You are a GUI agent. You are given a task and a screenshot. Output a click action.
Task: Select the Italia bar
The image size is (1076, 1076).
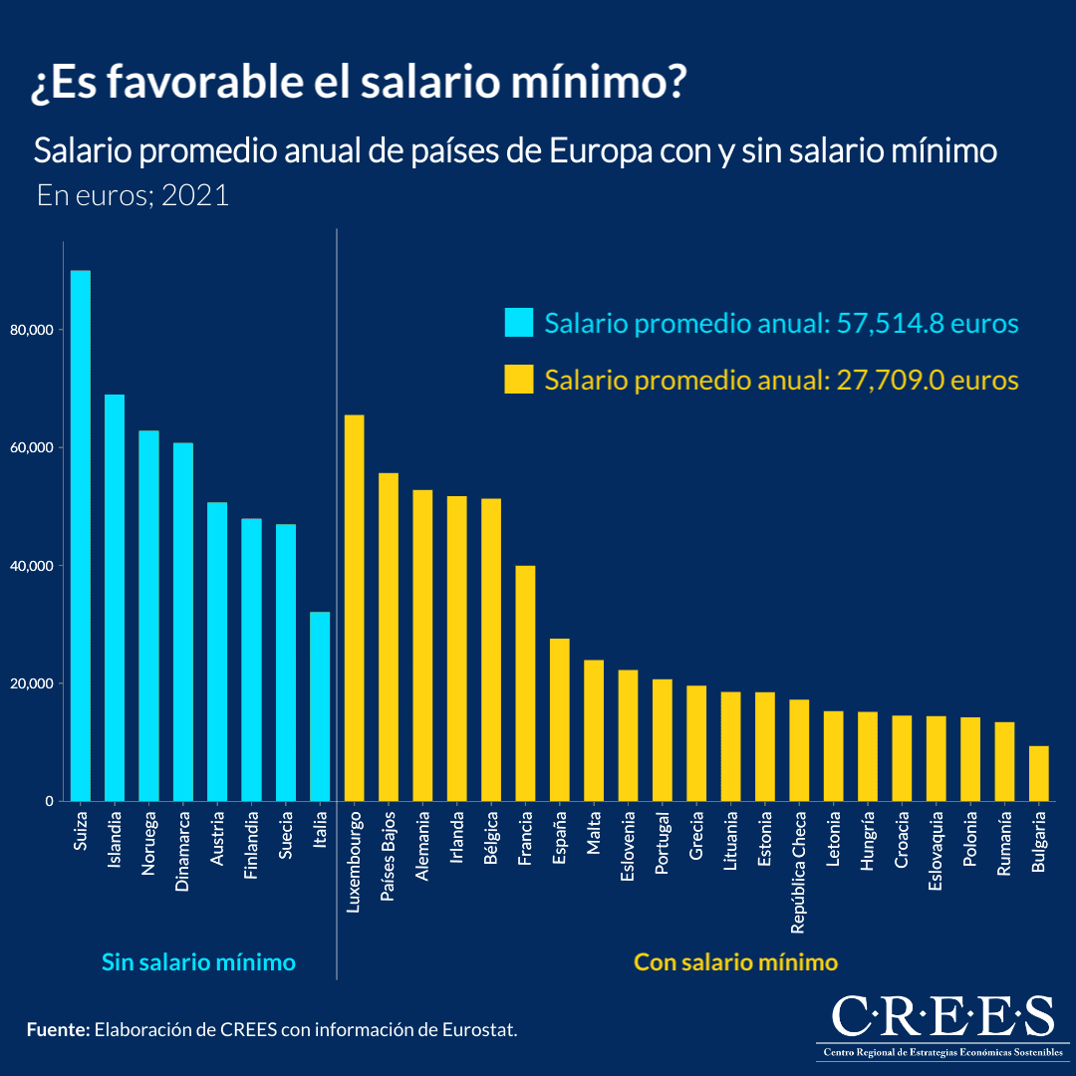click(320, 706)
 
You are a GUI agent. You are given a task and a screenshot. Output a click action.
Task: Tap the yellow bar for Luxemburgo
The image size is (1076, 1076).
click(354, 608)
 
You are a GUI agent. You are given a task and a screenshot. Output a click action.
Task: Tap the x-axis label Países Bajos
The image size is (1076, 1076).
click(388, 858)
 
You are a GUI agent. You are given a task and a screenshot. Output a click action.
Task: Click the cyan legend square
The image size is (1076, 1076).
click(519, 323)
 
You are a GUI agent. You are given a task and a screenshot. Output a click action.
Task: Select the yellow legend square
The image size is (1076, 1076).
click(519, 380)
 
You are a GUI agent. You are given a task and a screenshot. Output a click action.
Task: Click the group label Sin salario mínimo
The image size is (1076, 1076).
click(198, 962)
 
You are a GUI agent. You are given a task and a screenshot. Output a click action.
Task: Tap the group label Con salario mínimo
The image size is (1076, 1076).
click(735, 962)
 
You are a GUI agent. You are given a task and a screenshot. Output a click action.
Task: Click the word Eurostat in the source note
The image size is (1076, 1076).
click(477, 1029)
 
